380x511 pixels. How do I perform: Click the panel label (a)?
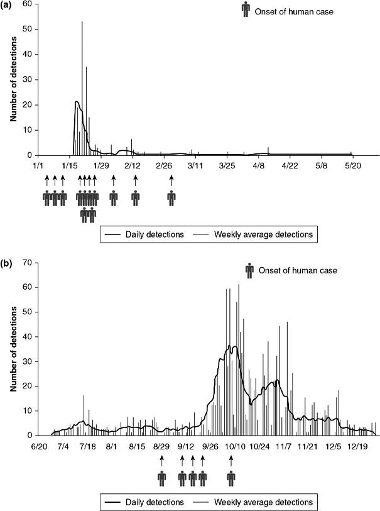(x=11, y=6)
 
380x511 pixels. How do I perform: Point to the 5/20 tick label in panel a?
(x=352, y=167)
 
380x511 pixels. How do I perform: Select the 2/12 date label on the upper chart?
(x=132, y=167)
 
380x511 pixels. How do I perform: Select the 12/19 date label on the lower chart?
(x=357, y=447)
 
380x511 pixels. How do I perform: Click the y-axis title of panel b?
(x=13, y=348)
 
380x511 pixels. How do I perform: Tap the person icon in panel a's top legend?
(x=246, y=11)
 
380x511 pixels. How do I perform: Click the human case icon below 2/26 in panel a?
(x=171, y=198)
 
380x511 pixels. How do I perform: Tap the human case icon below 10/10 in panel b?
(x=232, y=479)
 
